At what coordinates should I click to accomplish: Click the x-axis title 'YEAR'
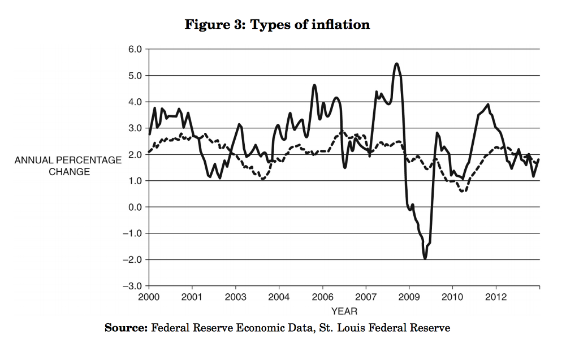(344, 311)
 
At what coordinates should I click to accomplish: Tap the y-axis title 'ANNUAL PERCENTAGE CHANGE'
(68, 166)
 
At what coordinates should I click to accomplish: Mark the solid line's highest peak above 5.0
(396, 63)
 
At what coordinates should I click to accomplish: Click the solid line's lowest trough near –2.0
(425, 258)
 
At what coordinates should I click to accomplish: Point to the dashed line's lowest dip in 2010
(463, 192)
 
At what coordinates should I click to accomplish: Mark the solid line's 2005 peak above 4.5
(314, 85)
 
